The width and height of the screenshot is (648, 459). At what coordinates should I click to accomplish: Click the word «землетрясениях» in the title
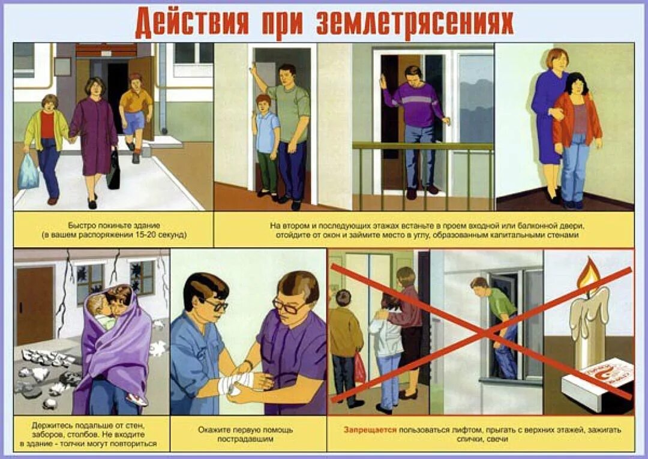415,22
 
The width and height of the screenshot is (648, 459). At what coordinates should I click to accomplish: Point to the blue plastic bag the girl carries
28,173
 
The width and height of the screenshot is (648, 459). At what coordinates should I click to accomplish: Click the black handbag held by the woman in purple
113,170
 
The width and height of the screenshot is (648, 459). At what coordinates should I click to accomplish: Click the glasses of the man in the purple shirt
290,306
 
